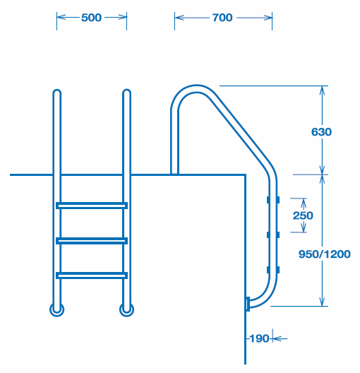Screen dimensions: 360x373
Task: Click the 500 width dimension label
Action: (x=91, y=18)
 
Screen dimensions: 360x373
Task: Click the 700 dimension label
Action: (x=222, y=18)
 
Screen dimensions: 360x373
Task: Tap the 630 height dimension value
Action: (x=321, y=132)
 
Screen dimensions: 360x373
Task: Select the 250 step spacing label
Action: (x=303, y=215)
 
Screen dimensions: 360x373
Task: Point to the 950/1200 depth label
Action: (x=325, y=254)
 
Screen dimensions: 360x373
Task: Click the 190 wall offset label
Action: (x=259, y=338)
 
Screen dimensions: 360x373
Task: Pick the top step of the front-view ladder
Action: (x=92, y=206)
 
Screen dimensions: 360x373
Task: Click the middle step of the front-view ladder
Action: (x=92, y=241)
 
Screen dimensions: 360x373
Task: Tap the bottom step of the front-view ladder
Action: (x=92, y=276)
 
